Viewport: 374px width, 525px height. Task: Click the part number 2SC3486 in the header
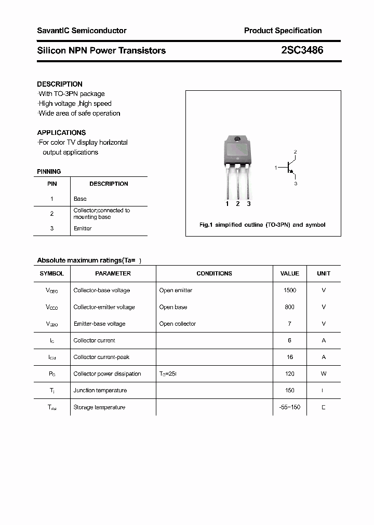(302, 50)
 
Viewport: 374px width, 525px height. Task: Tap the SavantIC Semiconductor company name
(82, 31)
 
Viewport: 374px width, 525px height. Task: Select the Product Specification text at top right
(283, 31)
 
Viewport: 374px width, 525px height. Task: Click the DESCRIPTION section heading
(60, 84)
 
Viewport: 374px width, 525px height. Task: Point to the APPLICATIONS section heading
(61, 133)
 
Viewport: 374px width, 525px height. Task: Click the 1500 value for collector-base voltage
(289, 291)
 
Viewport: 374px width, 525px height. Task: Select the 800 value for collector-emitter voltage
(289, 307)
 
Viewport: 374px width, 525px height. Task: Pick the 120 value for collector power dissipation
(289, 374)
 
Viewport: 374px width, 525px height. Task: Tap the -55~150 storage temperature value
(289, 407)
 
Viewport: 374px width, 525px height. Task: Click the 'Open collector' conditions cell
(177, 324)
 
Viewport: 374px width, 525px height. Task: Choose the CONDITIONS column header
(214, 273)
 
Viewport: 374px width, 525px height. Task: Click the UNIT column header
(324, 273)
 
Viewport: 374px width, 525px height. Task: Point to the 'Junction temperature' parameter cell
(100, 391)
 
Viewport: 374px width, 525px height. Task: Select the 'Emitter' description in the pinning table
(83, 229)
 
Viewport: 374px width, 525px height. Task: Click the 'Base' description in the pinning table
(80, 199)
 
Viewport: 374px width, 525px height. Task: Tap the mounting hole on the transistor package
(237, 139)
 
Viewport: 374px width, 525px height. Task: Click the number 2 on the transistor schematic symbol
(295, 152)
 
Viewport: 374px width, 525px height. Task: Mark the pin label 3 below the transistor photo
(249, 204)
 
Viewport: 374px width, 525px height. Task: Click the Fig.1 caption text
(262, 225)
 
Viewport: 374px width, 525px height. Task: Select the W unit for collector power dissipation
(324, 374)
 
